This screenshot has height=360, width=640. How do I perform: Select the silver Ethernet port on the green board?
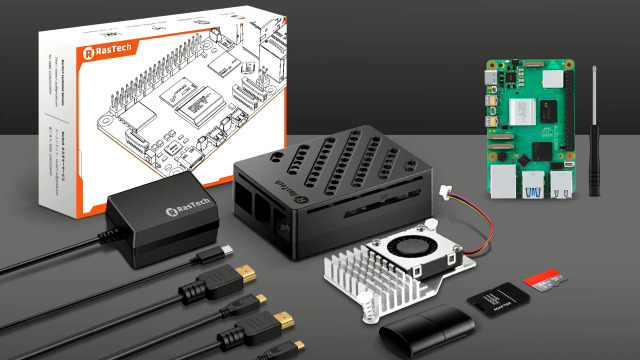tap(560, 187)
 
